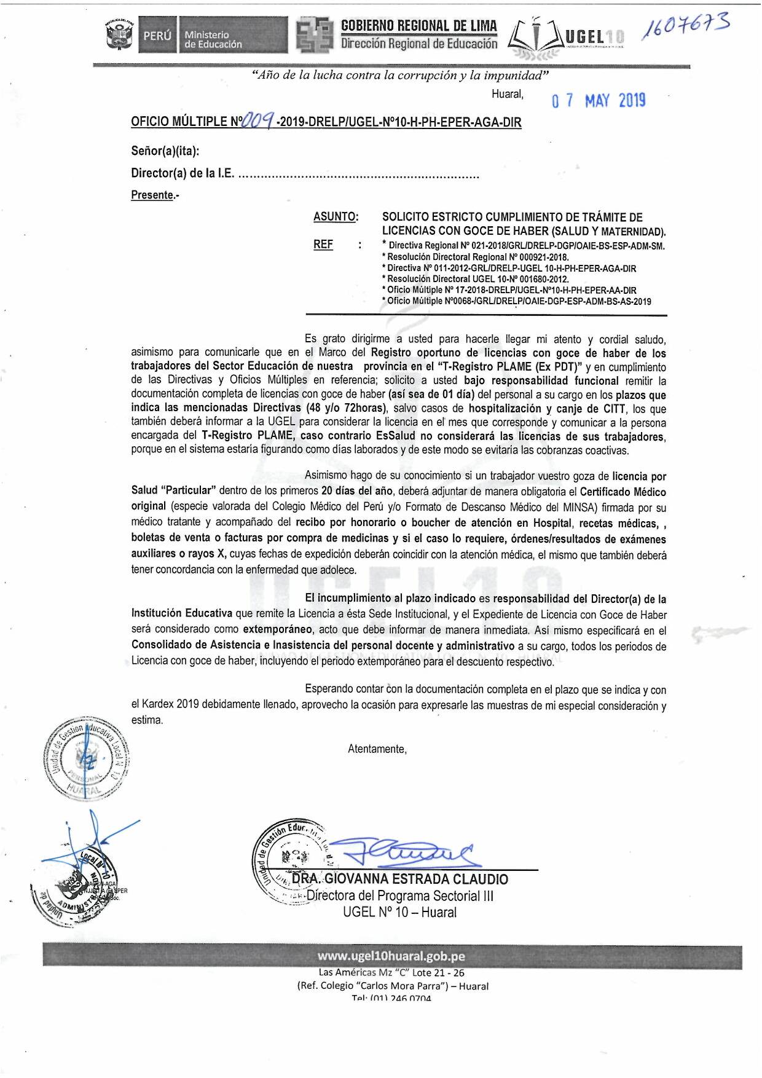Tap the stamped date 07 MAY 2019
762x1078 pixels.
tap(599, 101)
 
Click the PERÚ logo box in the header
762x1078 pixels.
tap(157, 36)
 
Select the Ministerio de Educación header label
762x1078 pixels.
tap(213, 40)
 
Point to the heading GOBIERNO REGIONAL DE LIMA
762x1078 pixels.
tap(419, 25)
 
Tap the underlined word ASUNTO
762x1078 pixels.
tap(336, 217)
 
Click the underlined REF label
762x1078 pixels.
tap(323, 245)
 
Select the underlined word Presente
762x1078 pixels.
tap(152, 195)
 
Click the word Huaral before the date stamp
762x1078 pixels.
tap(507, 94)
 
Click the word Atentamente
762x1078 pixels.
tap(377, 749)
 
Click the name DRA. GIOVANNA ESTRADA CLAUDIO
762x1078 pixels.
tap(399, 879)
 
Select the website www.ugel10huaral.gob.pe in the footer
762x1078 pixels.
tap(391, 956)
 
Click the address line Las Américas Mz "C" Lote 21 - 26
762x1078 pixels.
tap(391, 972)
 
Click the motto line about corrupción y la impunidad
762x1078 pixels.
tap(400, 76)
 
